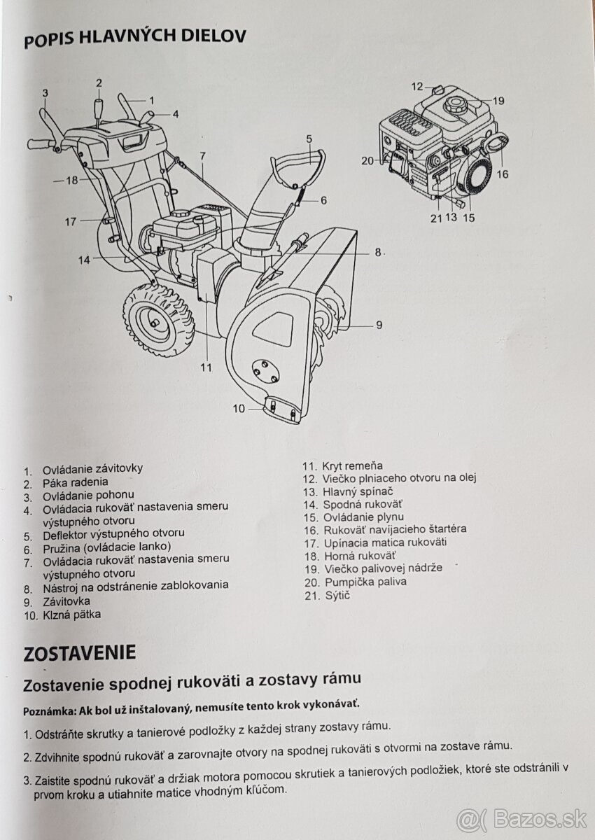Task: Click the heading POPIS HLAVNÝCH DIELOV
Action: tap(134, 39)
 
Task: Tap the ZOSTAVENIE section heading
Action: tap(79, 653)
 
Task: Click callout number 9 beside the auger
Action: tap(379, 325)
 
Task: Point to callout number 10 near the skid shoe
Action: tap(239, 408)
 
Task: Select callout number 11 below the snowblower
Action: tap(205, 366)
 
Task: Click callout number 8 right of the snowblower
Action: tap(377, 252)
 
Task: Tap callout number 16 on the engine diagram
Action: tap(502, 174)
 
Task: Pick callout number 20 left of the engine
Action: tap(368, 160)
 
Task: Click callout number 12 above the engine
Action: tap(417, 87)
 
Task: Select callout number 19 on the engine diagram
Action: tap(498, 100)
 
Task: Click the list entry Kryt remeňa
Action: tap(352, 465)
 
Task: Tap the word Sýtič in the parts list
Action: tap(337, 595)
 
